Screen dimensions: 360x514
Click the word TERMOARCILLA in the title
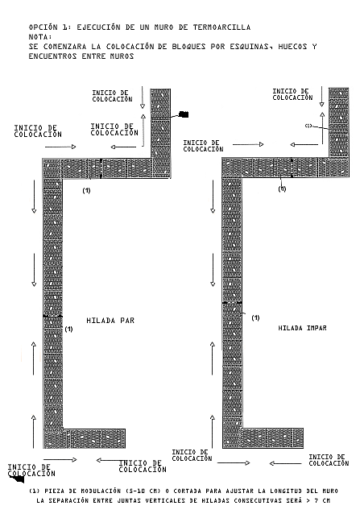tap(221, 27)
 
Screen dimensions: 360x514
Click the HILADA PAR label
tap(110, 321)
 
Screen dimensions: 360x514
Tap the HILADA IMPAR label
tap(302, 328)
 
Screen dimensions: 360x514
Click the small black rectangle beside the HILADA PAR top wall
tap(184, 114)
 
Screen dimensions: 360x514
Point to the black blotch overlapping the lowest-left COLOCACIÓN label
tap(18, 479)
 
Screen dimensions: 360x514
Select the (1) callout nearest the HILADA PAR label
tap(68, 329)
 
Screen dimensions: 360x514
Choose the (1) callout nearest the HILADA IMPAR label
tap(255, 317)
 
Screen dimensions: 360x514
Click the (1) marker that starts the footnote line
tap(35, 491)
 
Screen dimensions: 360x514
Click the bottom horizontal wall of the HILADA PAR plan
tap(85, 438)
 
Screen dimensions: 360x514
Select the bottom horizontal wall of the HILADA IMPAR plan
tap(263, 438)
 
